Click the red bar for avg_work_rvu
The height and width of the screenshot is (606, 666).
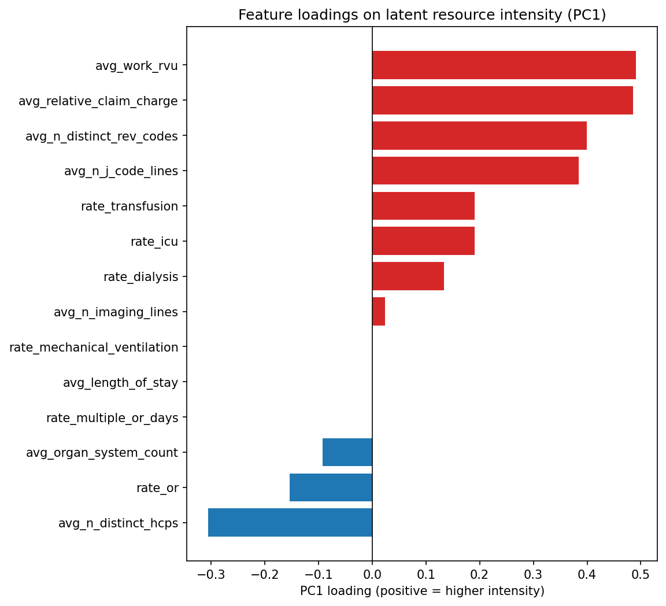[x=504, y=65]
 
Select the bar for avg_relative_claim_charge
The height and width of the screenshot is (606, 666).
[x=502, y=101]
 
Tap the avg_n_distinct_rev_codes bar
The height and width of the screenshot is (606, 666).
[x=479, y=136]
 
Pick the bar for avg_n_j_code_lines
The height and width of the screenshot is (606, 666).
[x=475, y=171]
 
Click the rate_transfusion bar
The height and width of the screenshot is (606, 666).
[x=423, y=206]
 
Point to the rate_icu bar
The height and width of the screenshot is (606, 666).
[x=423, y=241]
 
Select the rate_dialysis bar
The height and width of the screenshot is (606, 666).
[x=408, y=276]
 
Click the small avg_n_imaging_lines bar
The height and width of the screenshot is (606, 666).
[x=379, y=312]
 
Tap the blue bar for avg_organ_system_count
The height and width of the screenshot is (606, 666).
[x=347, y=452]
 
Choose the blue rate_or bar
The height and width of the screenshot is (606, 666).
[x=331, y=487]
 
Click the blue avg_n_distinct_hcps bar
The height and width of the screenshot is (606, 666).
[x=290, y=523]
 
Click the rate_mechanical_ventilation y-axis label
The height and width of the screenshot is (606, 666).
[x=94, y=348]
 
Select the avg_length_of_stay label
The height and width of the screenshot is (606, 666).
[x=120, y=383]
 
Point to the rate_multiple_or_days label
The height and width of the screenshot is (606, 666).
[x=112, y=418]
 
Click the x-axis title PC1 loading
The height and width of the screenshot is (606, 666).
[x=422, y=591]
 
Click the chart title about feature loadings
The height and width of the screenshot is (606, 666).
[x=422, y=15]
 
